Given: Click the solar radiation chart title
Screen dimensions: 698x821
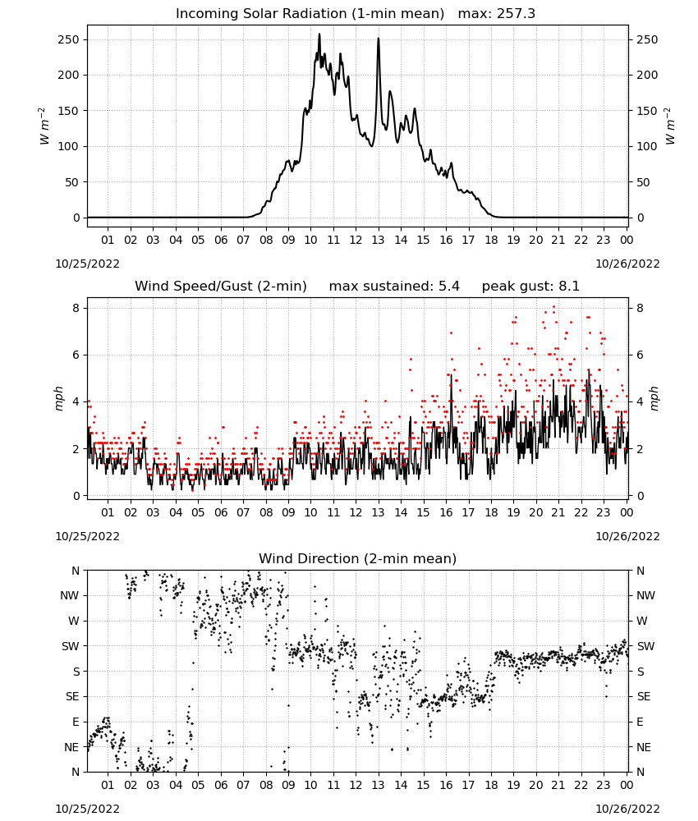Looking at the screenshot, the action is [x=355, y=14].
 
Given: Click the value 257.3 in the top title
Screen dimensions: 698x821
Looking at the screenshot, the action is [x=516, y=14].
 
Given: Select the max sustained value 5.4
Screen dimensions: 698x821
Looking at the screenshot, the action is [x=448, y=286].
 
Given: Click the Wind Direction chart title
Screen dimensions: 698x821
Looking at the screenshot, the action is [x=358, y=558].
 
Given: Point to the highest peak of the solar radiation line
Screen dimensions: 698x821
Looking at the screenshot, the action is [x=319, y=34].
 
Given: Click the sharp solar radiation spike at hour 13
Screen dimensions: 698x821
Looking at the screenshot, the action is [x=379, y=39].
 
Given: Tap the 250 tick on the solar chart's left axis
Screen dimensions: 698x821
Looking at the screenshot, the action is [x=69, y=39].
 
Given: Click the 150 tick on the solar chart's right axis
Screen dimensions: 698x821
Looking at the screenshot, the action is [x=647, y=111].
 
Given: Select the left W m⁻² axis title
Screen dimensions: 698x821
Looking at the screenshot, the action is [x=44, y=126].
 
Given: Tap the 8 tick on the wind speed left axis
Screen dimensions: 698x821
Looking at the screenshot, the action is [x=77, y=308].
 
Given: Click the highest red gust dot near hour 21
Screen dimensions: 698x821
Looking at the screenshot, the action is [x=554, y=307].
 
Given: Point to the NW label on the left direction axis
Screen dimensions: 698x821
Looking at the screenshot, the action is [x=70, y=596].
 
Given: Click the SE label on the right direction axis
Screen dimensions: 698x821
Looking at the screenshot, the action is [x=644, y=696].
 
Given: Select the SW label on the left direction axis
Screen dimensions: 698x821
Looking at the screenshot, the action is [x=70, y=646].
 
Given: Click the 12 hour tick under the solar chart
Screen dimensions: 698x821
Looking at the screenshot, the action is [x=356, y=240].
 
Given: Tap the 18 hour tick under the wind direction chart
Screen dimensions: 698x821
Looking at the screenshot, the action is [x=491, y=785].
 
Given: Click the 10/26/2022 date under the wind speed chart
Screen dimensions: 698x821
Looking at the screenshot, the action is [x=627, y=536].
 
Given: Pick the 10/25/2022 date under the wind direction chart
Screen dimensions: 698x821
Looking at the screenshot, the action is [x=87, y=809].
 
